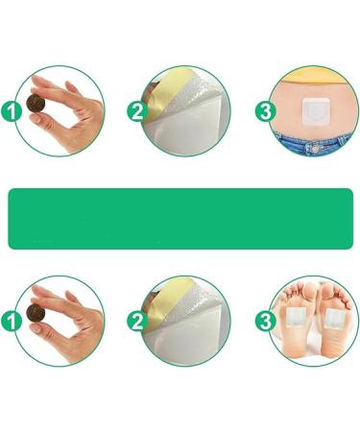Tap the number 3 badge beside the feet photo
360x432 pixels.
click(264, 320)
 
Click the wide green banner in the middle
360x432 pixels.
click(180, 218)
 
